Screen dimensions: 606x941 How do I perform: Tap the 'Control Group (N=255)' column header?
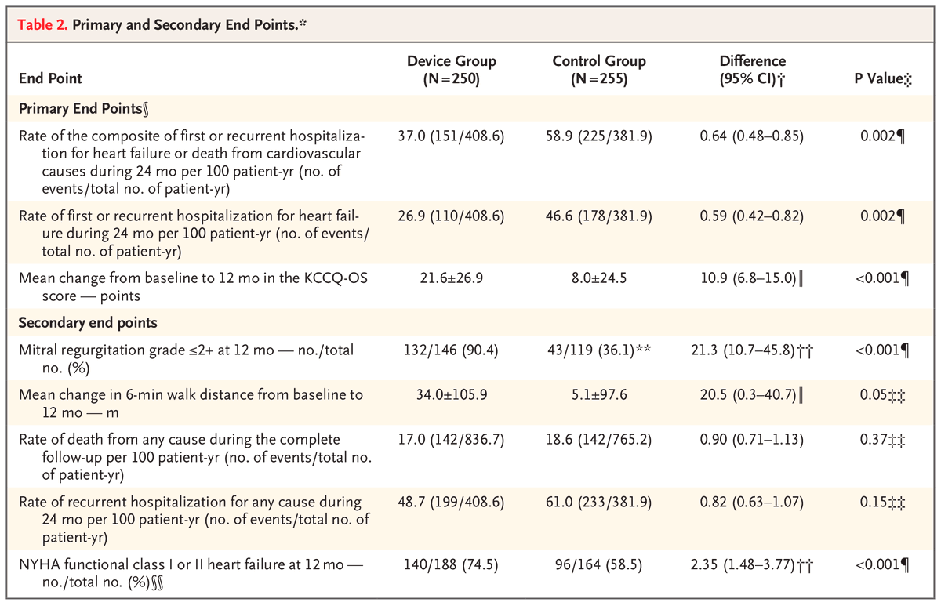pos(599,69)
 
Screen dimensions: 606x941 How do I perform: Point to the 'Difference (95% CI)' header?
pos(752,69)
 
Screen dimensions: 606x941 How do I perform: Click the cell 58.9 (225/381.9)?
pos(599,136)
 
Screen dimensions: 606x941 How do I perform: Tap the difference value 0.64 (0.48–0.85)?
pos(752,136)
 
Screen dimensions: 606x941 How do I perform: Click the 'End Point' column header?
pos(51,78)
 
